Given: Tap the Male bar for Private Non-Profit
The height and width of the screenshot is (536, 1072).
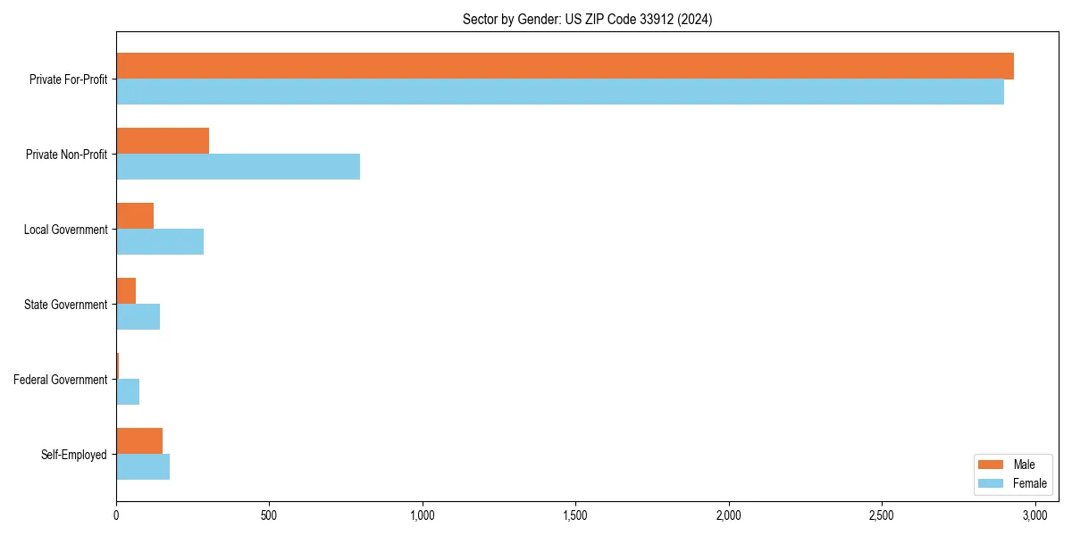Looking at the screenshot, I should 163,141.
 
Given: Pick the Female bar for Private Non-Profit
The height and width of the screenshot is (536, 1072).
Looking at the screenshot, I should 238,167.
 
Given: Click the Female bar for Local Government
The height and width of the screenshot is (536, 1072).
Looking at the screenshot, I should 160,242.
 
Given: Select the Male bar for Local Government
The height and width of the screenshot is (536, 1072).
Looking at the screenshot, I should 135,216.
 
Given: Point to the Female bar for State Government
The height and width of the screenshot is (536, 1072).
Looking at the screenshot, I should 138,317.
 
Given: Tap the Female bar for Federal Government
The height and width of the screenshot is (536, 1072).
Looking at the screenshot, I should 128,392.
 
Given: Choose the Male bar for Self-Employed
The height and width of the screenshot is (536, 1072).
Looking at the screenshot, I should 139,441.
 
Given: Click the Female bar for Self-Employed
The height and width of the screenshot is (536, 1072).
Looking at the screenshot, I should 143,467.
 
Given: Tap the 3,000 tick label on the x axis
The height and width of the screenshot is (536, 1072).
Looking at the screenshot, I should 1034,516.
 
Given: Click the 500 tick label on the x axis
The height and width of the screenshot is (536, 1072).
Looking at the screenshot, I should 269,516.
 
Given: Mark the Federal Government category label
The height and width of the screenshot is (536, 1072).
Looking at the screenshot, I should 61,380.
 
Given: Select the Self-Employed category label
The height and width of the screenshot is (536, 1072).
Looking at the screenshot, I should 74,455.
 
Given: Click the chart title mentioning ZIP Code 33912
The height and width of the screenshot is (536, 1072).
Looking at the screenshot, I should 587,19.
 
